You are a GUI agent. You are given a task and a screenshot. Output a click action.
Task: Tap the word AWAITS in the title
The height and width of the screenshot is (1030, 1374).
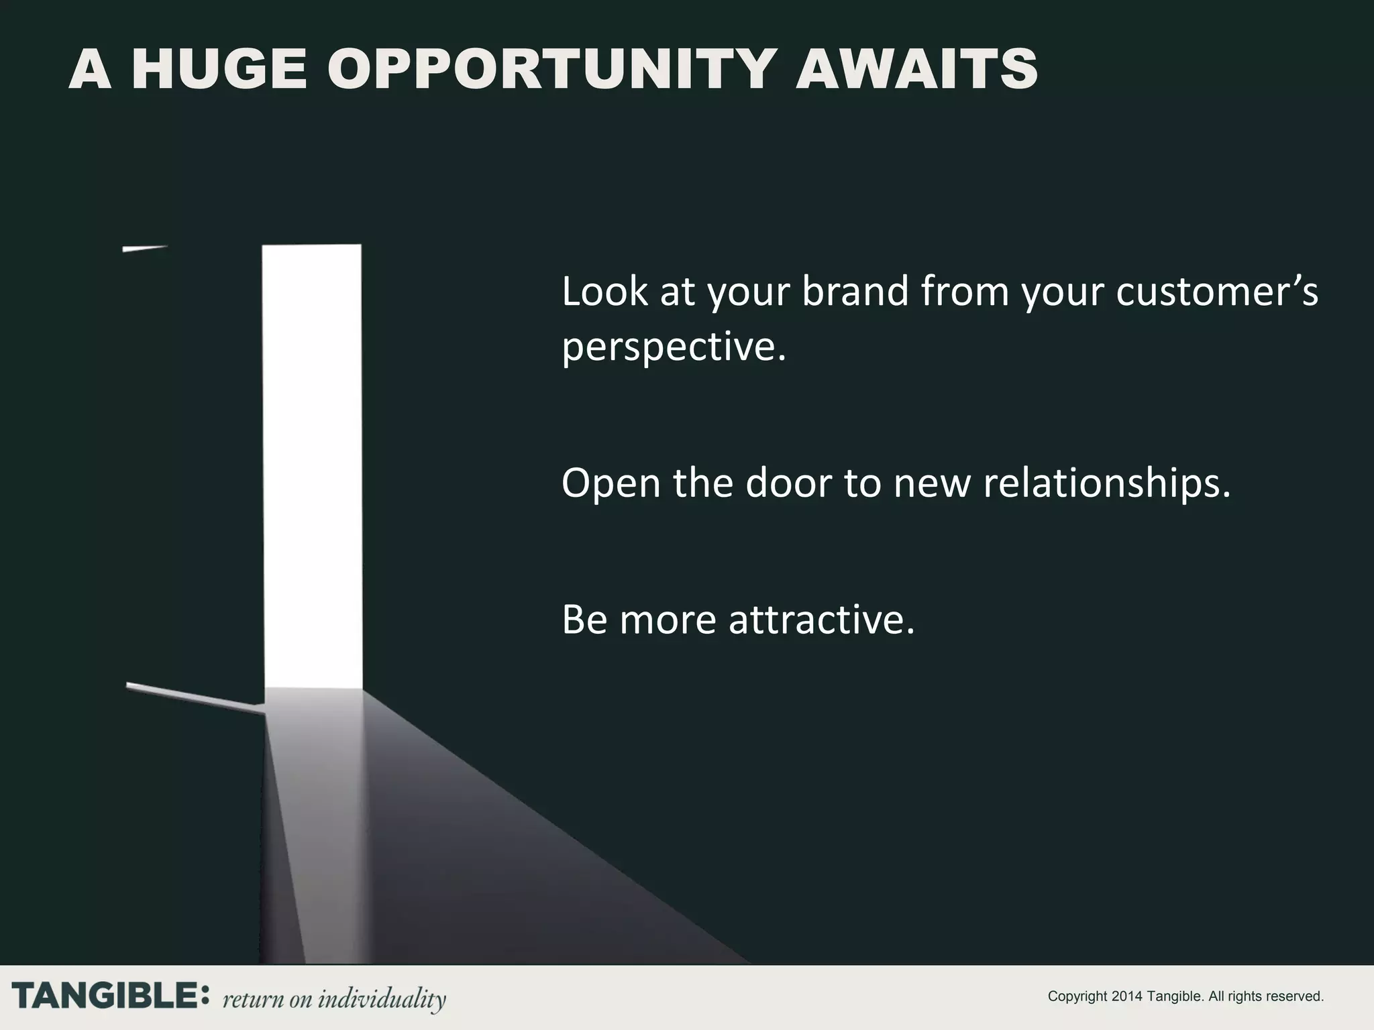pyautogui.click(x=916, y=70)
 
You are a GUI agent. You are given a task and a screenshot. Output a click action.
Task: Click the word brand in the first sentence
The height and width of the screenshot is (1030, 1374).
pyautogui.click(x=855, y=292)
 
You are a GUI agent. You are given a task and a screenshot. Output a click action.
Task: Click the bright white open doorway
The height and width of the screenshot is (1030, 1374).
pyautogui.click(x=312, y=463)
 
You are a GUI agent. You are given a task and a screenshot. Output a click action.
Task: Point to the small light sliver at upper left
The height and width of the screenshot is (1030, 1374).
pyautogui.click(x=144, y=249)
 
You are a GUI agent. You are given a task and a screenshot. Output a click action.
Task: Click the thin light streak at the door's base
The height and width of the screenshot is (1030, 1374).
pyautogui.click(x=195, y=696)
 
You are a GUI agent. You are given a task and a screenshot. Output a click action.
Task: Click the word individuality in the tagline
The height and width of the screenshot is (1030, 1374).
pyautogui.click(x=381, y=998)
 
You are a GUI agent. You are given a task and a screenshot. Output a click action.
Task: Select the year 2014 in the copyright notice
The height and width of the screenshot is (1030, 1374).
pyautogui.click(x=1127, y=996)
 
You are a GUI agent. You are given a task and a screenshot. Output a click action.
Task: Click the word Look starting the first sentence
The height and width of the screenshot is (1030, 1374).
pyautogui.click(x=604, y=292)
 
